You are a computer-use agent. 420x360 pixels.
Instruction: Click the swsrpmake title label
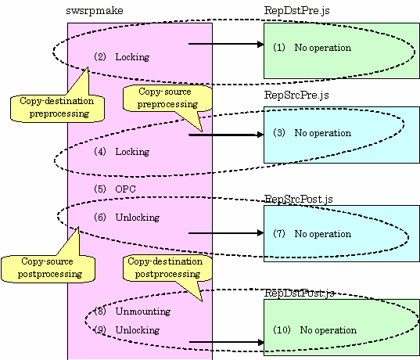[95, 11]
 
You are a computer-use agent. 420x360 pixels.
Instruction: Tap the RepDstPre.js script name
[296, 11]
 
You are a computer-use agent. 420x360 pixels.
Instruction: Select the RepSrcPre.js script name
[296, 95]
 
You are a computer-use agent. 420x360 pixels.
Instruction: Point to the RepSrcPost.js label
[299, 199]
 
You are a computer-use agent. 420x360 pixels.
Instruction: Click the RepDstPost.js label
[299, 293]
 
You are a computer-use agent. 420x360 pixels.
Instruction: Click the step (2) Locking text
[121, 57]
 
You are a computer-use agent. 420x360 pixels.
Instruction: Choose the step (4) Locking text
[121, 152]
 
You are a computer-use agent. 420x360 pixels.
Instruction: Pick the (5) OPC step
[115, 189]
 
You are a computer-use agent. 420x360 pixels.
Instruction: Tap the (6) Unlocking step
[127, 217]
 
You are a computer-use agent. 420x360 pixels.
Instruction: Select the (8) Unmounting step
[132, 311]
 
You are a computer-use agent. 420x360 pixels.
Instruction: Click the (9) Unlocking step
[127, 329]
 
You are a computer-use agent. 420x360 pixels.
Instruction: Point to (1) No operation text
[312, 48]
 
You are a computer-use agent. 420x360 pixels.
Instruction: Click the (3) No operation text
[312, 133]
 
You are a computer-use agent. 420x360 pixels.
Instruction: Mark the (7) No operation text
[312, 234]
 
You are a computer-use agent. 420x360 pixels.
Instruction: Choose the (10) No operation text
[314, 329]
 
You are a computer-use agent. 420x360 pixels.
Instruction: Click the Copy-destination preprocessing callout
[57, 108]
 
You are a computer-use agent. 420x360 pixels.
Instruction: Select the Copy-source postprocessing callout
[48, 268]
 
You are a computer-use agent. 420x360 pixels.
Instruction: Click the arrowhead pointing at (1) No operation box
[260, 44]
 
